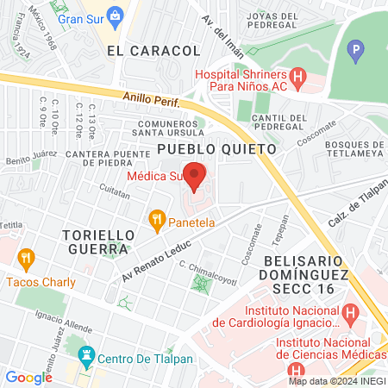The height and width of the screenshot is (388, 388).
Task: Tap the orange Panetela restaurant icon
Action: pyautogui.click(x=156, y=221)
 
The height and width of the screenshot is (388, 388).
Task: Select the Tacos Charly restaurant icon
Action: pyautogui.click(x=26, y=257)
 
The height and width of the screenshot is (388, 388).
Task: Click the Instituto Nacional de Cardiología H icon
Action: pyautogui.click(x=348, y=312)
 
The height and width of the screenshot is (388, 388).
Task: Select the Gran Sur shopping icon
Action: pyautogui.click(x=62, y=18)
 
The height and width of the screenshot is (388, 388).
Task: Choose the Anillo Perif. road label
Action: pyautogui.click(x=149, y=101)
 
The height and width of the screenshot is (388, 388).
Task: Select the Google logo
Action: pyautogui.click(x=28, y=377)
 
